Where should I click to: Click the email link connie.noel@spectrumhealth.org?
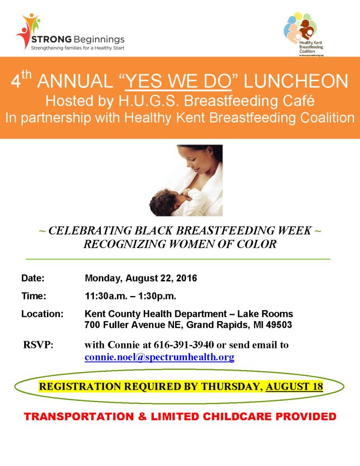pyautogui.click(x=159, y=358)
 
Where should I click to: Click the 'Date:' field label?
pyautogui.click(x=33, y=278)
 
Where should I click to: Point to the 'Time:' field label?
pyautogui.click(x=34, y=296)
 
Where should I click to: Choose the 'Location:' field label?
pyautogui.click(x=42, y=314)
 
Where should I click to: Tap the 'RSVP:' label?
pyautogui.click(x=38, y=345)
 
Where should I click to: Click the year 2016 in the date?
pyautogui.click(x=187, y=278)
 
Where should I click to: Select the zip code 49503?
pyautogui.click(x=280, y=325)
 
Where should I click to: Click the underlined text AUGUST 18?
pyautogui.click(x=294, y=387)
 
